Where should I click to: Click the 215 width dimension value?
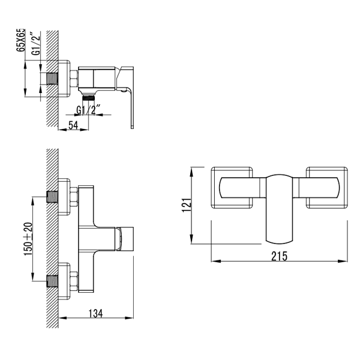click(279, 256)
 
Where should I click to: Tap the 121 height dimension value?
click(187, 205)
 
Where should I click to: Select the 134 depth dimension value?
click(96, 313)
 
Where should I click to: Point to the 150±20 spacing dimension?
click(28, 239)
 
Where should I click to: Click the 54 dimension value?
click(73, 125)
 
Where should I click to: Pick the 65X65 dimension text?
click(20, 40)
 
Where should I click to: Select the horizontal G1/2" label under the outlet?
click(89, 110)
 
